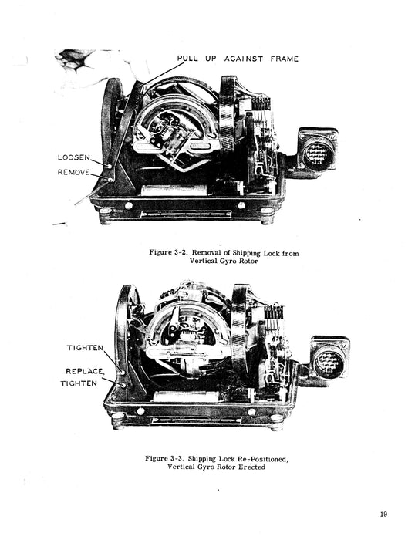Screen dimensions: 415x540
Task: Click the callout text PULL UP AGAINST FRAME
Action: pyautogui.click(x=238, y=59)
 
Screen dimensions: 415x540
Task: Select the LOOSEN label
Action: pyautogui.click(x=74, y=157)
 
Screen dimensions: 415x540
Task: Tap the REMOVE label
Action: pyautogui.click(x=74, y=172)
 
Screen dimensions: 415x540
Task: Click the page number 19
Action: pyautogui.click(x=383, y=515)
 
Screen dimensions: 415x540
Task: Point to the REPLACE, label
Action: pyautogui.click(x=85, y=371)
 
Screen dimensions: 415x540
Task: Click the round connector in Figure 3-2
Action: pyautogui.click(x=319, y=154)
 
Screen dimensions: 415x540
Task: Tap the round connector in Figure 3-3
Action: pyautogui.click(x=329, y=363)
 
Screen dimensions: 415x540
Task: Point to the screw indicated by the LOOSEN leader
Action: pyautogui.click(x=110, y=166)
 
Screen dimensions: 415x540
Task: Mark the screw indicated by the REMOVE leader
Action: pyautogui.click(x=110, y=180)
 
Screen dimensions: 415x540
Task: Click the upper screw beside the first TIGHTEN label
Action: pyautogui.click(x=122, y=373)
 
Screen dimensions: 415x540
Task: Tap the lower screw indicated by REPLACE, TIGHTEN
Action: pyautogui.click(x=123, y=385)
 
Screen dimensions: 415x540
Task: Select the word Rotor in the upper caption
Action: pyautogui.click(x=248, y=261)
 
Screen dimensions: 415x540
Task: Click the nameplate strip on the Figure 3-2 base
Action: pyautogui.click(x=186, y=214)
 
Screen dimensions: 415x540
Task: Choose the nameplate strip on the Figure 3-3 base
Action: pyautogui.click(x=197, y=420)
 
